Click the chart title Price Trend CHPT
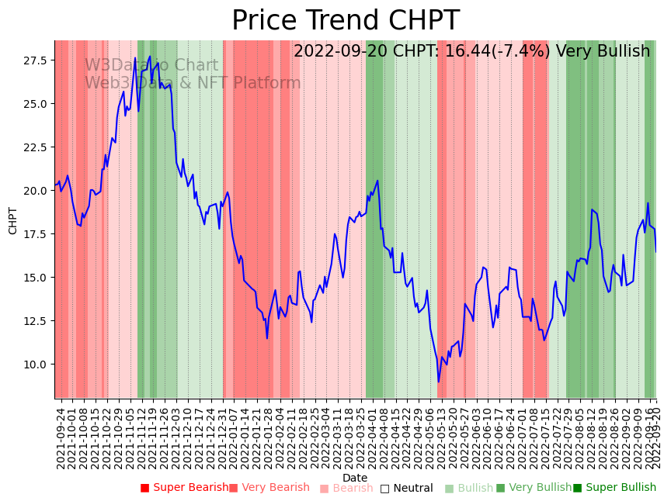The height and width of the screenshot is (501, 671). [x=346, y=21]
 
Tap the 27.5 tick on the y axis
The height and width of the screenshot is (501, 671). [x=37, y=60]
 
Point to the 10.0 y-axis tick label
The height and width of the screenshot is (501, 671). [x=37, y=365]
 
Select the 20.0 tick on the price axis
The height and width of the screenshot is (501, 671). [x=37, y=191]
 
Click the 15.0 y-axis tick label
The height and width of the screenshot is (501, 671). [x=37, y=278]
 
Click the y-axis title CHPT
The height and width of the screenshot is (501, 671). [x=13, y=220]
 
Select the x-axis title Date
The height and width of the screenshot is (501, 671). [x=355, y=478]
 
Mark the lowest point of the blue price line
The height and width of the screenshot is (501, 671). [x=438, y=382]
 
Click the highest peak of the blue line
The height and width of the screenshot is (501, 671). [x=150, y=56]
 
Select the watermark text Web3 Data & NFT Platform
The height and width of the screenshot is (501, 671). [x=193, y=83]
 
